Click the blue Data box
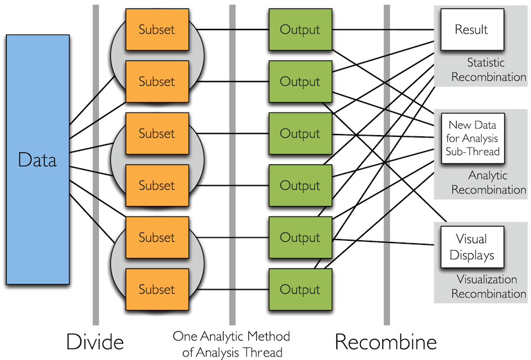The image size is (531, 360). point(38,159)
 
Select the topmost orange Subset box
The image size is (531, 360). point(156,30)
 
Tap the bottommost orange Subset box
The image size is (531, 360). point(156,289)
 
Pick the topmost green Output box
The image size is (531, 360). point(300,30)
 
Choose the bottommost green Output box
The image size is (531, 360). point(300,289)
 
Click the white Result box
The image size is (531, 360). point(471,30)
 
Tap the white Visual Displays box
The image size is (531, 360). point(471,247)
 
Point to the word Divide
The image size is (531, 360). point(94,342)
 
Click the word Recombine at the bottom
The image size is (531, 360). point(386,342)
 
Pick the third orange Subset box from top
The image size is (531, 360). point(156,133)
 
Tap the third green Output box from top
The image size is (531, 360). point(300,133)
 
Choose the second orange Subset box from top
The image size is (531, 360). point(156,81)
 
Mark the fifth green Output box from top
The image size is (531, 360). point(300,237)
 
